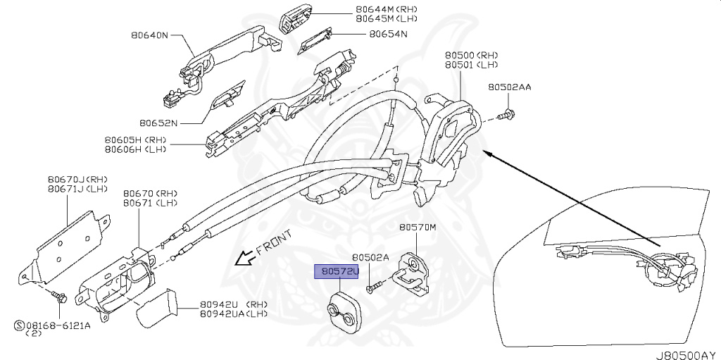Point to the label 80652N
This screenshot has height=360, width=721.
point(158,123)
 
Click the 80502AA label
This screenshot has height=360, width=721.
point(510,87)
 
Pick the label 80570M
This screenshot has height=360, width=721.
point(418,228)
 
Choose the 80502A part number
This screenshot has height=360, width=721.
point(370,258)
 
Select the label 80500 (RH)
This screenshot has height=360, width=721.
point(470,54)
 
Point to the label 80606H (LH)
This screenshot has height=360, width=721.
point(135,149)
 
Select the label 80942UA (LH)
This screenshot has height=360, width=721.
point(234,314)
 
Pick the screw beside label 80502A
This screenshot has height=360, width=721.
point(373,286)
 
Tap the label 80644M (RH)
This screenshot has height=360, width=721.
point(387,9)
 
